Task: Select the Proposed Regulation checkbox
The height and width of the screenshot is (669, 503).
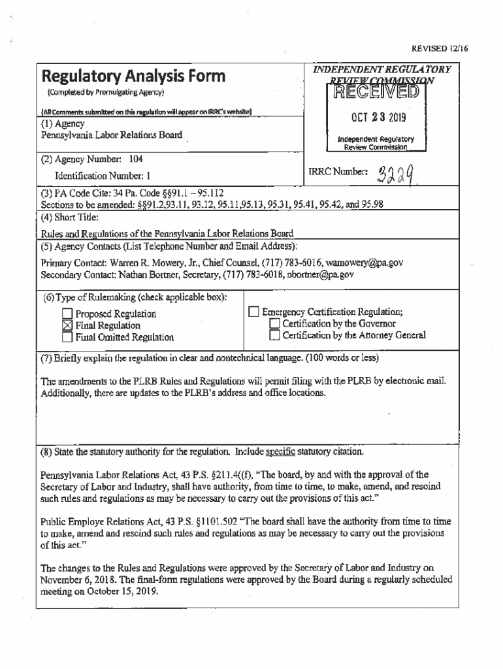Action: (x=68, y=314)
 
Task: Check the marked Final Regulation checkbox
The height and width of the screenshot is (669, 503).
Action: (x=68, y=325)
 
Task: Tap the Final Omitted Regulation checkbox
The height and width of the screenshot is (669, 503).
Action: (x=68, y=337)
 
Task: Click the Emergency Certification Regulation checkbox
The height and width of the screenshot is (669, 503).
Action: (x=254, y=312)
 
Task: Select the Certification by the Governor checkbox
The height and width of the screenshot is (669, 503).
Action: (x=275, y=323)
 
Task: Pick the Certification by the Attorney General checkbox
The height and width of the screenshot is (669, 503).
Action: (x=275, y=335)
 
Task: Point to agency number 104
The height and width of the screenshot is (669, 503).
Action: (x=135, y=159)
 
